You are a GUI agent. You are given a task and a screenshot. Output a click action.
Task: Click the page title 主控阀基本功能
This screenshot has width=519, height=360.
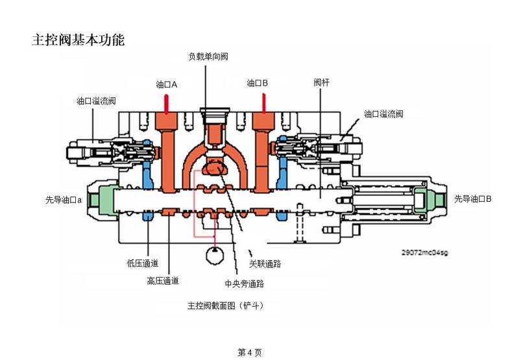[x=78, y=40]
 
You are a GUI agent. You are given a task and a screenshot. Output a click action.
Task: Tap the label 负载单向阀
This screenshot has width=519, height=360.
[x=208, y=56]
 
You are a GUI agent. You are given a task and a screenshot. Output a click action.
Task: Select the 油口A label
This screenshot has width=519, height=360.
[x=167, y=84]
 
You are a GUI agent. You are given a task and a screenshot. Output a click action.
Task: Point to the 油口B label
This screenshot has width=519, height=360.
[x=257, y=83]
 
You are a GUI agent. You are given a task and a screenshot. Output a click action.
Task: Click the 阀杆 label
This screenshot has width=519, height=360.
[x=321, y=82]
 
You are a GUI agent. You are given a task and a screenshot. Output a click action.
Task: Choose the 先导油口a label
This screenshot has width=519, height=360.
[x=64, y=200]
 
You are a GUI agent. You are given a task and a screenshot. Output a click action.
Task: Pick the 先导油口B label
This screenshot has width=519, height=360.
[x=473, y=199]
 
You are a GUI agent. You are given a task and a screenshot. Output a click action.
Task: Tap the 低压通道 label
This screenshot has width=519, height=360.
[x=143, y=263]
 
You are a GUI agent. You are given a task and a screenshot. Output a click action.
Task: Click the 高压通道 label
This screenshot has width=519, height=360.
[x=163, y=281]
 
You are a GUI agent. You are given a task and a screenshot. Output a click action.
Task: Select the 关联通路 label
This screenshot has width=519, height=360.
[x=265, y=264]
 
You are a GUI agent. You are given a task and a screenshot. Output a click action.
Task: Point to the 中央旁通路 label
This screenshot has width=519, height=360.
[x=245, y=283]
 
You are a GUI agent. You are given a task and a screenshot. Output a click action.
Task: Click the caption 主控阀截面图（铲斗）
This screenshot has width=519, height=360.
[x=226, y=306]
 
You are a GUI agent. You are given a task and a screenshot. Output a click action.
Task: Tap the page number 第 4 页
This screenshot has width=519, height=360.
[x=250, y=352]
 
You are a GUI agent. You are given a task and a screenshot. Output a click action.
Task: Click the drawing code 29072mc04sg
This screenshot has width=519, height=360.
[x=425, y=252]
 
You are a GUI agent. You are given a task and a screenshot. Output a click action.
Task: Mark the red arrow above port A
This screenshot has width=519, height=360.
[x=167, y=104]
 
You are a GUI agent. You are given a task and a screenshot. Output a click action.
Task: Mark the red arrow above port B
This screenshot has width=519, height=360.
[x=264, y=103]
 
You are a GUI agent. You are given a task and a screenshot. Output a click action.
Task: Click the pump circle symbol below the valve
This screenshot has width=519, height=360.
[x=215, y=256]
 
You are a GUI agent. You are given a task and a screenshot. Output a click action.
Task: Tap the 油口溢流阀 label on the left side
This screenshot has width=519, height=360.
[x=96, y=101]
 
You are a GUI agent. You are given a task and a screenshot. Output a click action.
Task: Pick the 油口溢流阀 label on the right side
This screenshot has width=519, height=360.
[x=383, y=114]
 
